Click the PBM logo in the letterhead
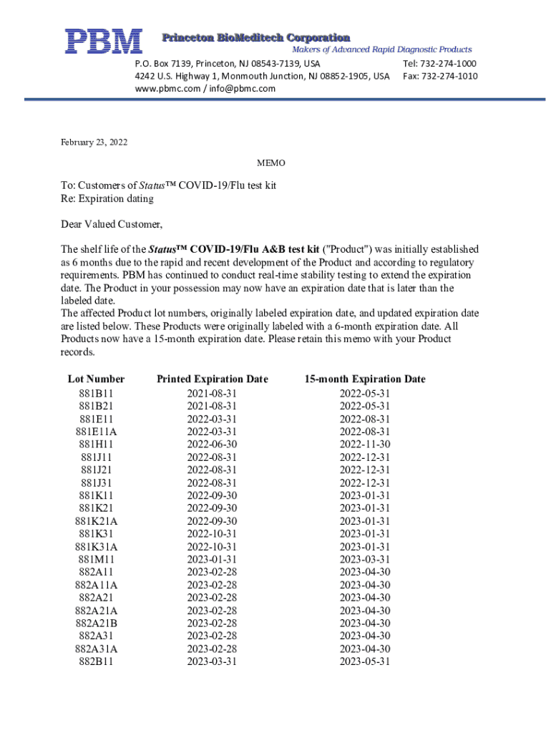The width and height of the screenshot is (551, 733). point(104,42)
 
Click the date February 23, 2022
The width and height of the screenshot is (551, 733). point(94,142)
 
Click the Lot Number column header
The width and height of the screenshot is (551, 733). point(96,379)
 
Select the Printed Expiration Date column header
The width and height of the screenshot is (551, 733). point(212,379)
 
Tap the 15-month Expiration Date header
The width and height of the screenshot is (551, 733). point(364,379)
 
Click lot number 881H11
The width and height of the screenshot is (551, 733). point(96,445)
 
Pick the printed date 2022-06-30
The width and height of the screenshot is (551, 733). point(212,445)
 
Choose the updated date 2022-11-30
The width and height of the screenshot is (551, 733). point(365,445)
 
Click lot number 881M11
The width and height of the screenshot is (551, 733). point(96,559)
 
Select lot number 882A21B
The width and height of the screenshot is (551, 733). point(96,623)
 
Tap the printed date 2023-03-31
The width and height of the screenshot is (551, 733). point(212,662)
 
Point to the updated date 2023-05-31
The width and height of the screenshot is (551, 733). point(365,662)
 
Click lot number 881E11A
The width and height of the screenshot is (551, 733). point(96,432)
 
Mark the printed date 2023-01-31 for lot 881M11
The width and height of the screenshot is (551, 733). point(212,559)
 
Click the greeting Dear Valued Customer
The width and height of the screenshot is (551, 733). point(112,225)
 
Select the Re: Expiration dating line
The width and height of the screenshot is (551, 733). point(107,198)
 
